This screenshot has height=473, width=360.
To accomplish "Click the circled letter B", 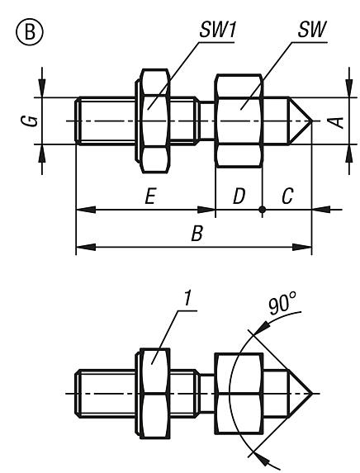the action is pos(29,31).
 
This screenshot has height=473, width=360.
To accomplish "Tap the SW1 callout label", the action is pos(217,31).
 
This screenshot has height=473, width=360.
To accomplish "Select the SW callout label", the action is pos(312,30).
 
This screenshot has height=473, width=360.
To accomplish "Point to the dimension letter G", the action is pos(29,121).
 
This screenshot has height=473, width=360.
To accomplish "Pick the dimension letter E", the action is pos(150,196).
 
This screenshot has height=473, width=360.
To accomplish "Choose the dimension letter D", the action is pos(239,196).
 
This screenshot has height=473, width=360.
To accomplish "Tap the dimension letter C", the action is pos(287,196).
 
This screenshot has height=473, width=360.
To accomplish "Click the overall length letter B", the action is pos(197,233).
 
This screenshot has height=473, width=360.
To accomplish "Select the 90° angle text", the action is pos(282,305).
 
